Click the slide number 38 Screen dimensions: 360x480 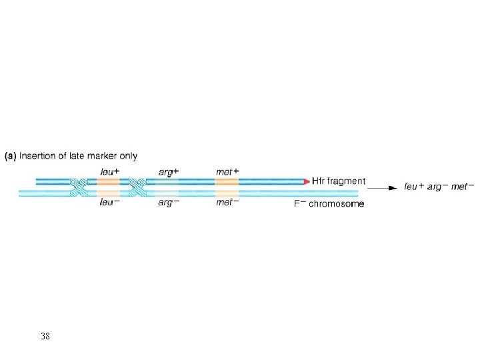coord(45,335)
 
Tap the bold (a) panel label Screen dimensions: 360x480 coord(12,156)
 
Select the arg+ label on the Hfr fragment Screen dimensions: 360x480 coord(168,172)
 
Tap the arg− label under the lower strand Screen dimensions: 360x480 coord(168,203)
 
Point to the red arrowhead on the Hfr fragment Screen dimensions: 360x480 coord(306,181)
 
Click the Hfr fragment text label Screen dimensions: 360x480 coord(339,181)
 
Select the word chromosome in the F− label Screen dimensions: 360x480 coord(336,203)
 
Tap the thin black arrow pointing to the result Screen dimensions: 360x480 coord(383,189)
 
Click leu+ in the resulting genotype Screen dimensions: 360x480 coord(417,187)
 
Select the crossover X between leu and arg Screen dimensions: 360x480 coord(139,187)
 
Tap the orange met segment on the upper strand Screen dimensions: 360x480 coord(227,181)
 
